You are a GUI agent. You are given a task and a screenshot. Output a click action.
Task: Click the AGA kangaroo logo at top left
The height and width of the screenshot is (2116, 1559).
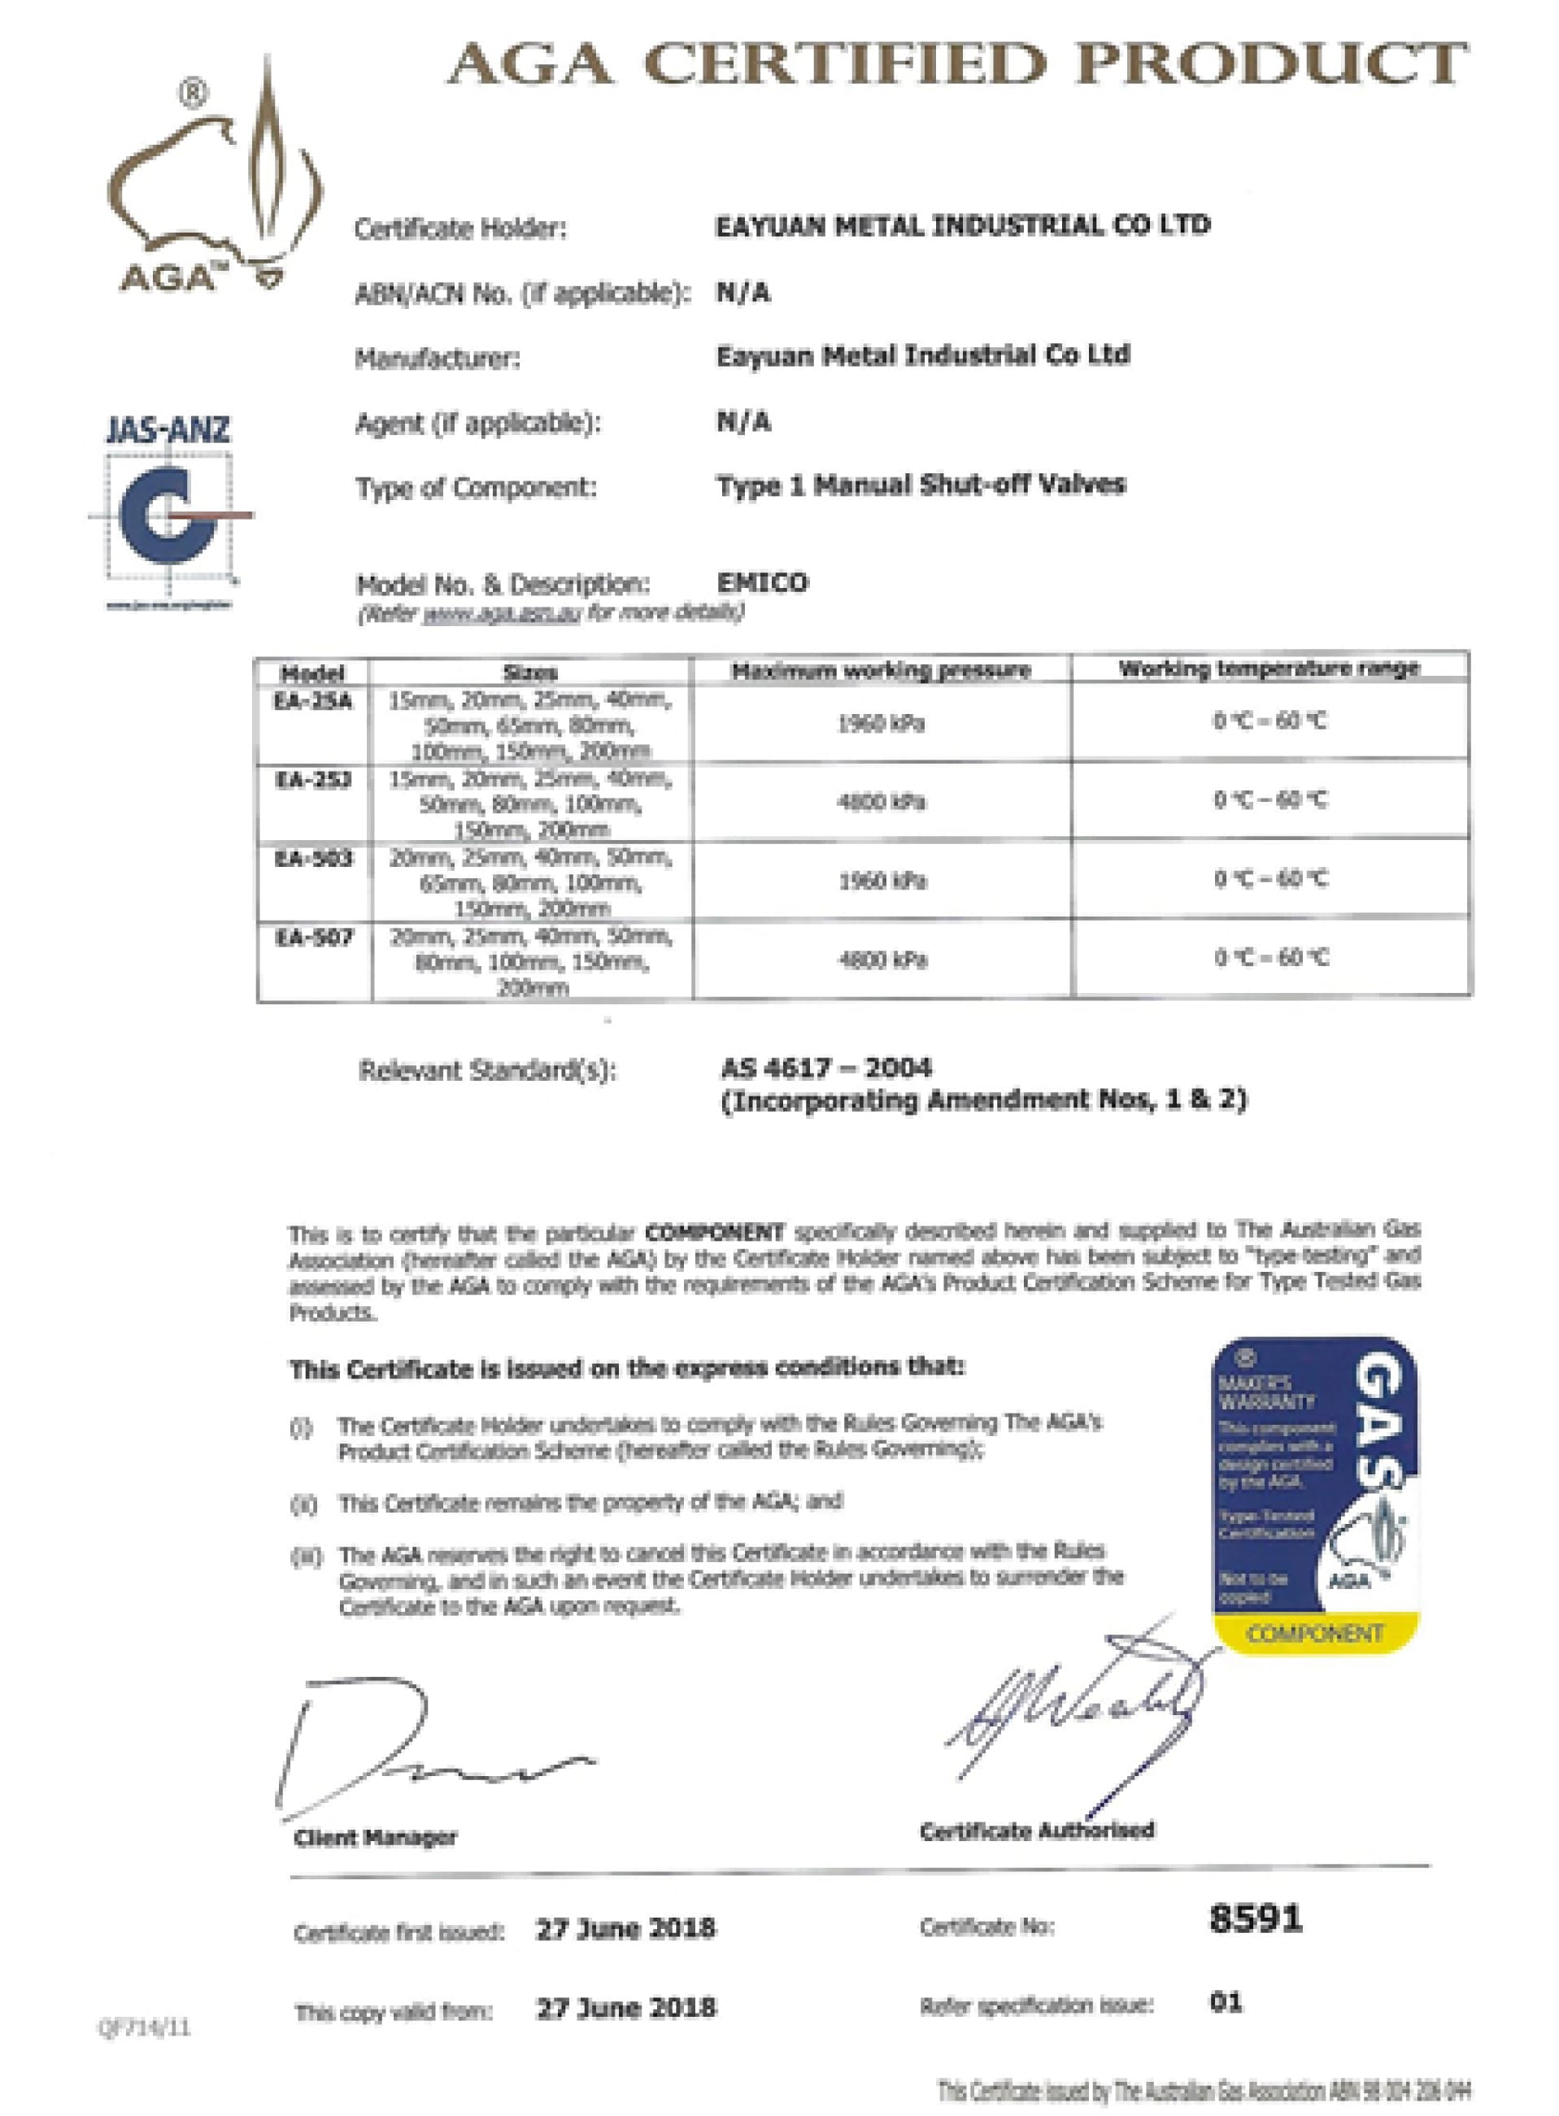pyautogui.click(x=216, y=180)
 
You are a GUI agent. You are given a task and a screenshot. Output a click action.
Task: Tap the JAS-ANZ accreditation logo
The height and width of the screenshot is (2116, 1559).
pyautogui.click(x=170, y=510)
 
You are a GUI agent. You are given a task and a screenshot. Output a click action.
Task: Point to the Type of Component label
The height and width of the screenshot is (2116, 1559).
pyautogui.click(x=476, y=488)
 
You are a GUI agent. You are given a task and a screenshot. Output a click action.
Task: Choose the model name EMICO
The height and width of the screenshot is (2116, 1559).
pyautogui.click(x=763, y=582)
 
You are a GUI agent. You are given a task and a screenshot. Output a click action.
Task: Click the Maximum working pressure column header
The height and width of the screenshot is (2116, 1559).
pyautogui.click(x=882, y=671)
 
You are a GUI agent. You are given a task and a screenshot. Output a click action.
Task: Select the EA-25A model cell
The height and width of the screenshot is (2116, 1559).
pyautogui.click(x=313, y=702)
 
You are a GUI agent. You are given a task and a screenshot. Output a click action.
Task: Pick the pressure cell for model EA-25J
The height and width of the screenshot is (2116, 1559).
pyautogui.click(x=882, y=802)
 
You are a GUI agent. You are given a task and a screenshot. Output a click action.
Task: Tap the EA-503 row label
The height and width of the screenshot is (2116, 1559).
pyautogui.click(x=313, y=859)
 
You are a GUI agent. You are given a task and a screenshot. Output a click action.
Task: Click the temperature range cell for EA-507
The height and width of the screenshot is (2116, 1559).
pyautogui.click(x=1270, y=958)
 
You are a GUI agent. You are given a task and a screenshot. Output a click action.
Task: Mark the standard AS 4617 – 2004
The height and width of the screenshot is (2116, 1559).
pyautogui.click(x=825, y=1069)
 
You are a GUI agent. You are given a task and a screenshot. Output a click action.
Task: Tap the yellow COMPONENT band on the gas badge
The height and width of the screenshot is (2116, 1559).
pyautogui.click(x=1313, y=1635)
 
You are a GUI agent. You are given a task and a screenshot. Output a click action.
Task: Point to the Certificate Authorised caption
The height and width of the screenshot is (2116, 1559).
pyautogui.click(x=1036, y=1831)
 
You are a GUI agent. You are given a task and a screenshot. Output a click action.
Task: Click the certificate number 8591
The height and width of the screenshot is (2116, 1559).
pyautogui.click(x=1255, y=1918)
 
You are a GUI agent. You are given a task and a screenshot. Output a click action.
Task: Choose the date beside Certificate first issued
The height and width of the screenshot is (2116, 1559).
pyautogui.click(x=625, y=1927)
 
